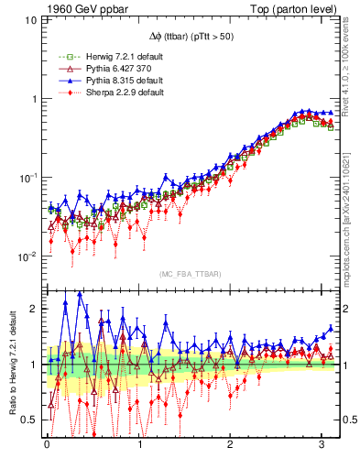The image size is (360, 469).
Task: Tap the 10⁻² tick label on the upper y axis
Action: coord(27,256)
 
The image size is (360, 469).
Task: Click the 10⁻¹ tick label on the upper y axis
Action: coord(27,178)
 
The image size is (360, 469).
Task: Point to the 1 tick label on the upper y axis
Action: coord(32,99)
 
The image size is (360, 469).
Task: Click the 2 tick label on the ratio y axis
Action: coord(32,309)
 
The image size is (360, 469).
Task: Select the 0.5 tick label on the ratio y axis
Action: coord(27,420)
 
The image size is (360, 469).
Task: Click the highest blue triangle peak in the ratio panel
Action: coord(80,294)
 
